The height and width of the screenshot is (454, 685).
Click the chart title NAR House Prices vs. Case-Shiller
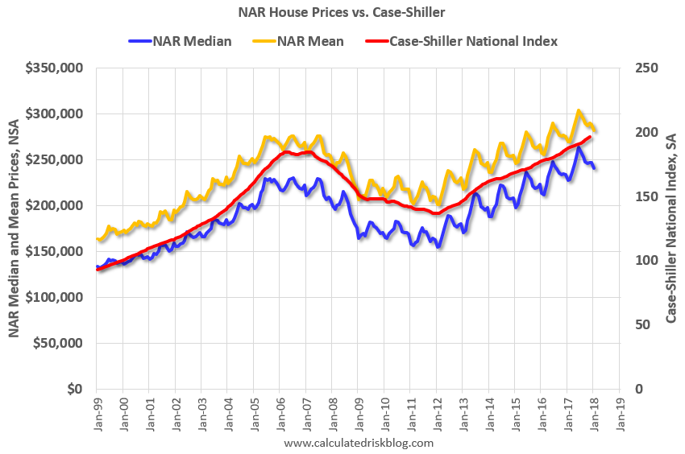coord(342,13)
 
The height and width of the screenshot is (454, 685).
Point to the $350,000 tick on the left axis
coord(54,69)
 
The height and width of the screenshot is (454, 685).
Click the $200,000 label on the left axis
coord(54,206)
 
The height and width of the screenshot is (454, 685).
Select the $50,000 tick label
coord(57,343)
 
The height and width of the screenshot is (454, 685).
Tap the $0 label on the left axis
coord(75,389)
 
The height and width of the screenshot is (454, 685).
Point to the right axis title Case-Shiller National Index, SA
coord(670,229)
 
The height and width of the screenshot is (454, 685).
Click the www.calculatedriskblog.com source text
coord(359,443)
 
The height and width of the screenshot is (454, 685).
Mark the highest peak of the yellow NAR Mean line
coord(579,111)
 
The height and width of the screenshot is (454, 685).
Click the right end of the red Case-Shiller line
coord(591,137)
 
